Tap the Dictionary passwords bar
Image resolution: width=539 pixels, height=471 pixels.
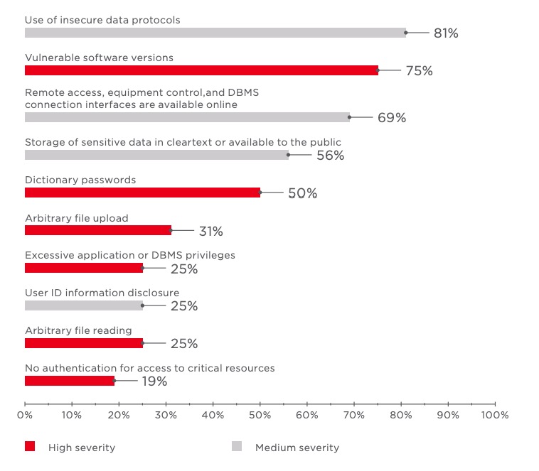[x=142, y=193]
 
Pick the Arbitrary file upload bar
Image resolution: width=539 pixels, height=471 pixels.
[x=98, y=230]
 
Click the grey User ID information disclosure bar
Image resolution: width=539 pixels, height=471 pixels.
[x=84, y=305]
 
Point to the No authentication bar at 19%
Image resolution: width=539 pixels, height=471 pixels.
[x=70, y=381]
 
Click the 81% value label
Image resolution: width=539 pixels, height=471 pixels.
[x=446, y=33]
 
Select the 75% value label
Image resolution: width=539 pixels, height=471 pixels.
[x=419, y=71]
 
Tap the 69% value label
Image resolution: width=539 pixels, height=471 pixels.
[x=392, y=118]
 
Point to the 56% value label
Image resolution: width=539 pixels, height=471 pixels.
[x=330, y=156]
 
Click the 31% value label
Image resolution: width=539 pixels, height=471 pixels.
[x=211, y=231]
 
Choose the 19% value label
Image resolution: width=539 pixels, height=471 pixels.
[x=154, y=381]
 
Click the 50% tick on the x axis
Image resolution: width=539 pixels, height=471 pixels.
[x=260, y=414]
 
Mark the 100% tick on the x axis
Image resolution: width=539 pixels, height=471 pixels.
[x=494, y=414]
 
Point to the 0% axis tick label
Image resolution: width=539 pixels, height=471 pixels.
[x=25, y=414]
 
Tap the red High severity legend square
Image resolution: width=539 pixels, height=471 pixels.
[x=30, y=447]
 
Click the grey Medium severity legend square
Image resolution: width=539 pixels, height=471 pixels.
[x=237, y=447]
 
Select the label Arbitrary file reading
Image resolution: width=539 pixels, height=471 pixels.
[x=78, y=330]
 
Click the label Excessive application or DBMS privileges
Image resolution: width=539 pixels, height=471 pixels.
[x=130, y=255]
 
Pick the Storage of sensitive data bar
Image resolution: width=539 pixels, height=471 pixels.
[x=156, y=155]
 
